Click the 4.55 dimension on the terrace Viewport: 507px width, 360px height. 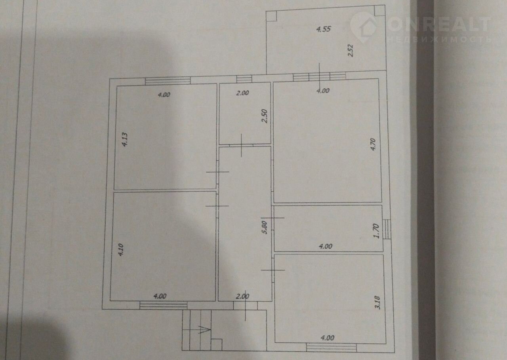tap(324, 29)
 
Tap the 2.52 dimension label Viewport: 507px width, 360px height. tap(351, 51)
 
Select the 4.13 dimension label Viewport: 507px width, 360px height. tap(125, 139)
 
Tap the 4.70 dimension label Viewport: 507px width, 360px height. tap(373, 145)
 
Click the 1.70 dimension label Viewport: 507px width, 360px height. tap(376, 231)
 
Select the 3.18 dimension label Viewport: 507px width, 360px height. tap(378, 303)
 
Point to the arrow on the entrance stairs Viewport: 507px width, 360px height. tap(204, 330)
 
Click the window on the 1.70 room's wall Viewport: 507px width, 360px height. tap(387, 229)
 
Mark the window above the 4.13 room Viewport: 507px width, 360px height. tap(168, 81)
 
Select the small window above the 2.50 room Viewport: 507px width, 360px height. tap(244, 79)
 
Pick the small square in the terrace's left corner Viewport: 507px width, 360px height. tap(271, 16)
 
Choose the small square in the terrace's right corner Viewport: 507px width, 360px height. tap(379, 10)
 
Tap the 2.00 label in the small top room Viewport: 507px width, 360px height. tap(242, 93)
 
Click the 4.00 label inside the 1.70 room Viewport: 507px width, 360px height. tap(326, 246)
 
